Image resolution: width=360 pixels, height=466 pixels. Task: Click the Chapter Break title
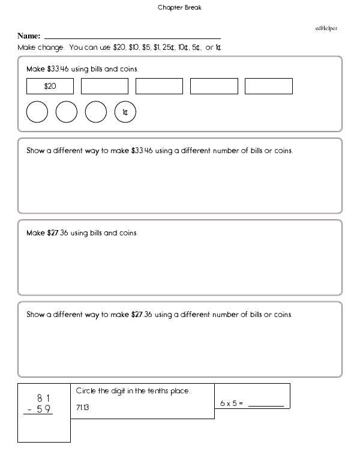point(175,8)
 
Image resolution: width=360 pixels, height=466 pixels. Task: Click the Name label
point(29,37)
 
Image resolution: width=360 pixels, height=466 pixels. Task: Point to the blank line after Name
point(133,38)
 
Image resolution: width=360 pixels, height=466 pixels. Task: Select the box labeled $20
point(50,86)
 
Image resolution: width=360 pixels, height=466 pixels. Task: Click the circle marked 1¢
point(125,112)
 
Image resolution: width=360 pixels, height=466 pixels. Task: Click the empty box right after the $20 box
point(104,86)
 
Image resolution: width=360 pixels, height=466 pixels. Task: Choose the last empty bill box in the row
point(268,86)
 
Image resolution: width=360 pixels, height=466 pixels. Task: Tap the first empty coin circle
point(37,112)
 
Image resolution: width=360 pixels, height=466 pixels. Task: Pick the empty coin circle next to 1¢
point(96,112)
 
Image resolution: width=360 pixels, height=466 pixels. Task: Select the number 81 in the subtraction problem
point(43,398)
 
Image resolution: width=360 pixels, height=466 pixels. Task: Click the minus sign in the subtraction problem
point(29,410)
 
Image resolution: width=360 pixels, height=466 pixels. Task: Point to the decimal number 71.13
point(83,408)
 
